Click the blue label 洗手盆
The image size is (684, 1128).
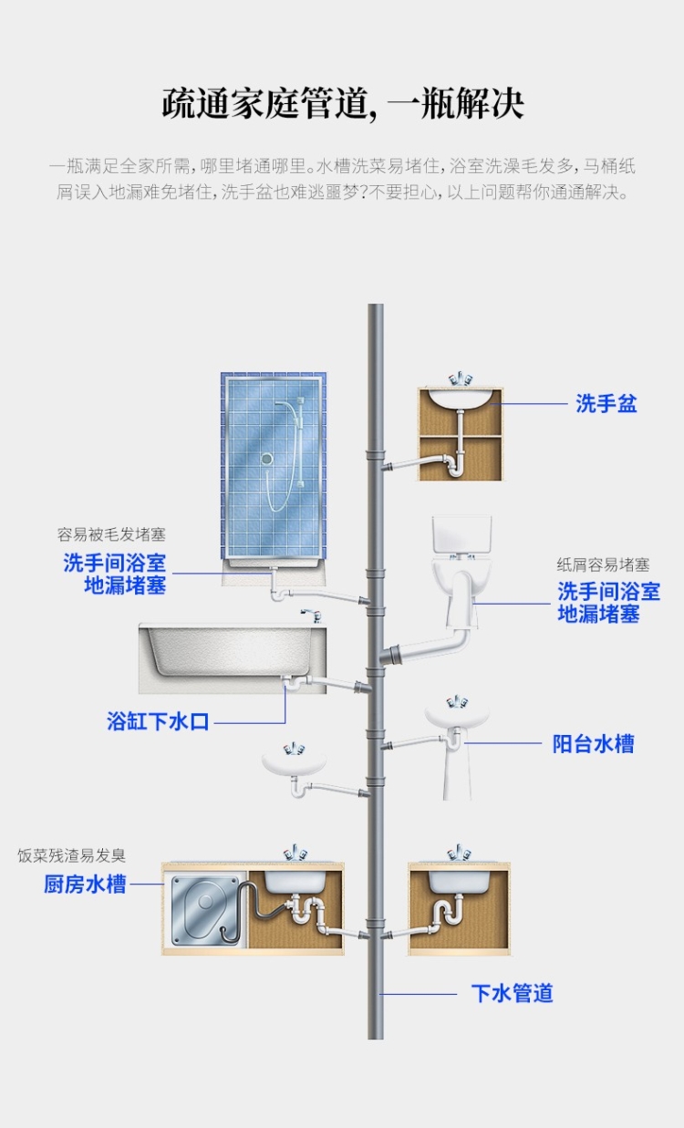pos(606,404)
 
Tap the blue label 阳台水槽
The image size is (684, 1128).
pos(593,744)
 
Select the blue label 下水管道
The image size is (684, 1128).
pos(512,994)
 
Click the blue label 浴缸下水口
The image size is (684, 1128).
pos(158,722)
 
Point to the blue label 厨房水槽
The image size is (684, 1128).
pos(85,884)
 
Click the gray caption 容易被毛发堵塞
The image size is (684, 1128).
pos(111,535)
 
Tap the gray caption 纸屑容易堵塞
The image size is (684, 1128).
pos(604,565)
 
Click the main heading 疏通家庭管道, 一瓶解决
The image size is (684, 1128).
pos(343,103)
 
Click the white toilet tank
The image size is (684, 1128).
pos(461,535)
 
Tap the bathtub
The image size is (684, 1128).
pos(228,652)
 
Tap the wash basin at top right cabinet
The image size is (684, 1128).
pos(461,398)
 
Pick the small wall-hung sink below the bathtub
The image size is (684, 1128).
pos(294,762)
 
